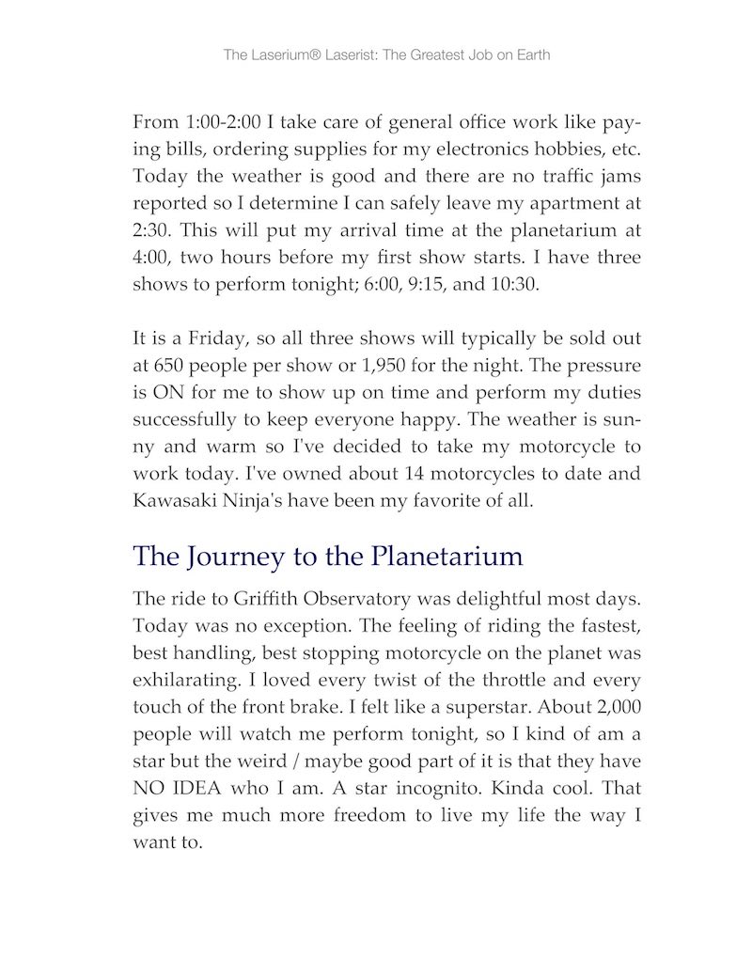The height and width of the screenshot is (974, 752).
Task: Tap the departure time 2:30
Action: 150,230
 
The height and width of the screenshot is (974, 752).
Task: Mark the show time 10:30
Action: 511,284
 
